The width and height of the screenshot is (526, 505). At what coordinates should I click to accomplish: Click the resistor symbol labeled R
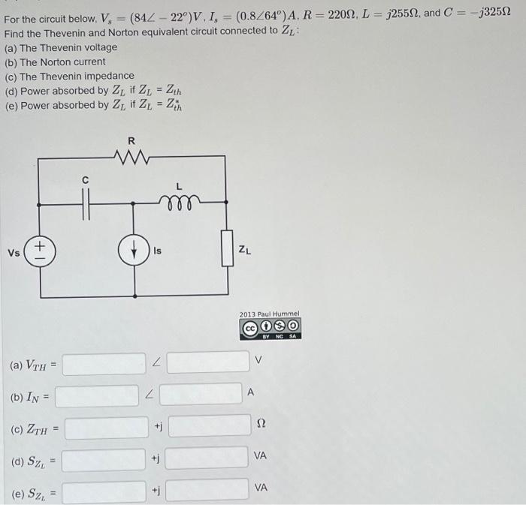(133, 157)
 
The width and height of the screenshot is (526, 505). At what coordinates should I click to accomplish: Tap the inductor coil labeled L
(179, 201)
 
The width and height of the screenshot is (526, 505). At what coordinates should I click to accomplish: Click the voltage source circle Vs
(38, 252)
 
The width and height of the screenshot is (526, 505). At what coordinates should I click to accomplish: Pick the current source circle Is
(135, 252)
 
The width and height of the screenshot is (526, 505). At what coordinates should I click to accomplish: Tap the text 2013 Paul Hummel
(269, 314)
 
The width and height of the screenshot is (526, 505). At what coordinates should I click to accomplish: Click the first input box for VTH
(104, 364)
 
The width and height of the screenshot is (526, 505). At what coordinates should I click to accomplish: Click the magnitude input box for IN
(97, 395)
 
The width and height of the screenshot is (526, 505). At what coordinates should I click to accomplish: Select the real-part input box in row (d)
(104, 459)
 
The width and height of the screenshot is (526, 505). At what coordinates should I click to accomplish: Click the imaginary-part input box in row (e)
(207, 490)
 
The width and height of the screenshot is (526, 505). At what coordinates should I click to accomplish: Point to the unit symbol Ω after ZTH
(261, 425)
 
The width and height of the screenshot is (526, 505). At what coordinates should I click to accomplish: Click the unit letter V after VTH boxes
(259, 360)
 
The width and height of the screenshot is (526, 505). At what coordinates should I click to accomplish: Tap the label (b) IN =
(29, 396)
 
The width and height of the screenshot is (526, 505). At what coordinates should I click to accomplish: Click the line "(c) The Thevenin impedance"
(70, 76)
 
